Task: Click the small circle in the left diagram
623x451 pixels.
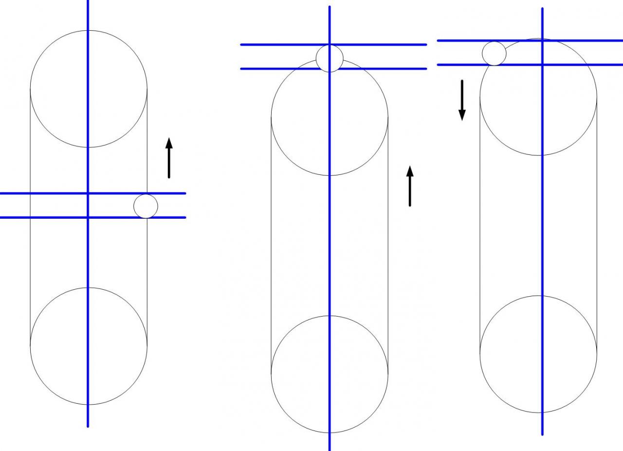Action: pos(146,206)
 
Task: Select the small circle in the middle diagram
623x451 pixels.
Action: pos(330,58)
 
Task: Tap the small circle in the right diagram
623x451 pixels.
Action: pos(495,53)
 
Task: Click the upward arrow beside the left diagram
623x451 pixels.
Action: pos(169,158)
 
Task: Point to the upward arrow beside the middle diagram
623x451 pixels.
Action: pos(410,186)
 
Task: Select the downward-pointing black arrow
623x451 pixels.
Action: pos(462,100)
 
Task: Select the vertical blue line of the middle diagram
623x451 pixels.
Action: pos(330,244)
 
